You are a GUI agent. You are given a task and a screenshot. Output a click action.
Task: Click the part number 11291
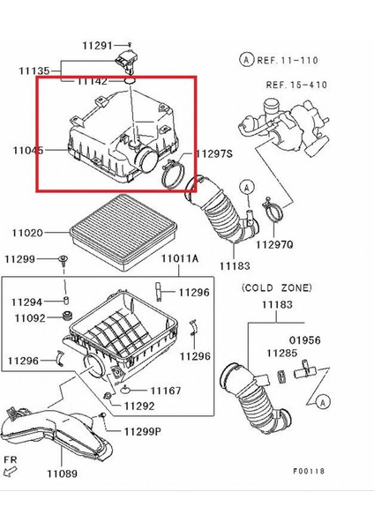pos(98,45)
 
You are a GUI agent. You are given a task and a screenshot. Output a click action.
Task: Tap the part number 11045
pos(27,151)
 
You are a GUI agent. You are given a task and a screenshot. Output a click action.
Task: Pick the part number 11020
pos(27,234)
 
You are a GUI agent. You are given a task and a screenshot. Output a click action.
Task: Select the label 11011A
pos(180,259)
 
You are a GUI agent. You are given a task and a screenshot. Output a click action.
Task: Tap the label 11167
pos(165,389)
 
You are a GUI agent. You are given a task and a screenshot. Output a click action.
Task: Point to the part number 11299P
pos(143,434)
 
